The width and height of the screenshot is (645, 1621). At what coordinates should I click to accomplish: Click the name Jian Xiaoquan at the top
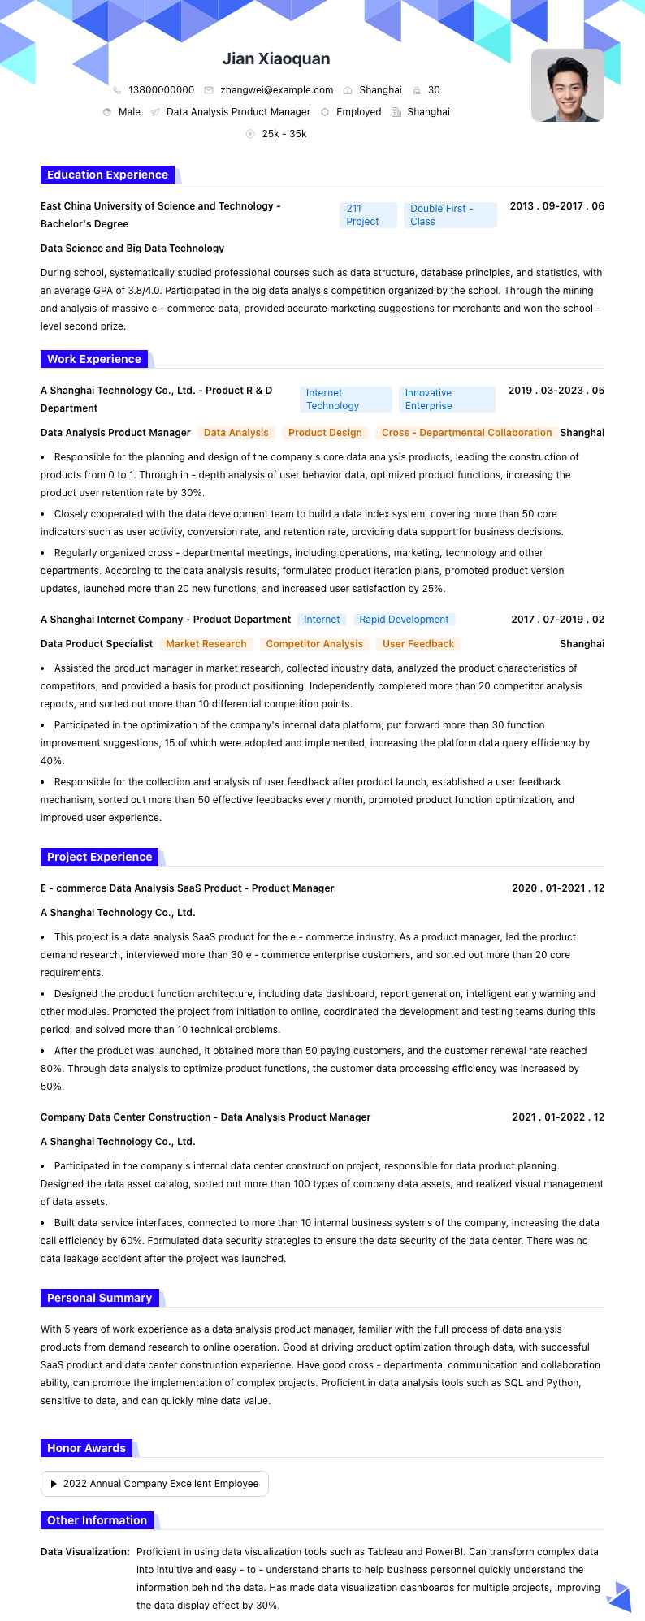276,59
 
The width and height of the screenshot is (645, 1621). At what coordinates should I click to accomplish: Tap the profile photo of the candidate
567,85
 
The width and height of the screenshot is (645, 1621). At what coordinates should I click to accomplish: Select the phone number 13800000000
161,90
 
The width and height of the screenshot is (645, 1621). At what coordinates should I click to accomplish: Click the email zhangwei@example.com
276,90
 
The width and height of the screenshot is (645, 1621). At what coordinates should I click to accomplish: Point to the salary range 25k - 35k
284,134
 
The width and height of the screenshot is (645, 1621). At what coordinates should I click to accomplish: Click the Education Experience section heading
107,175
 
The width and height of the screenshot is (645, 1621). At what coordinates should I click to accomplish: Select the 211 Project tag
367,215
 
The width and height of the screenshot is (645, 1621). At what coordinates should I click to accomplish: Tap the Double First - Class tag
449,215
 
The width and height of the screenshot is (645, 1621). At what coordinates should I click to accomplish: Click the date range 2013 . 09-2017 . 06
556,206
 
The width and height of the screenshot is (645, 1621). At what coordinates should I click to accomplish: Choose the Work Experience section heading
94,359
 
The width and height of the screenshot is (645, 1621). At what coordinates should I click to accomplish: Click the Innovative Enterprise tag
446,400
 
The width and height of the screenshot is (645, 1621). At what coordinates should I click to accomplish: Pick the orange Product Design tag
325,433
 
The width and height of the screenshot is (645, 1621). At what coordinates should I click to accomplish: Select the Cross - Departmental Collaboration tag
466,433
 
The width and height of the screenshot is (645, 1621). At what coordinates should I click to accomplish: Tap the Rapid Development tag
404,620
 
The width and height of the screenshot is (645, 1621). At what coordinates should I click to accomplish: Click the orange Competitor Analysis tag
314,644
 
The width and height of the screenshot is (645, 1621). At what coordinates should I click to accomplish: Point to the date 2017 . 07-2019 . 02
557,620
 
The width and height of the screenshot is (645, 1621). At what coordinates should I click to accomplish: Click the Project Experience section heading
99,857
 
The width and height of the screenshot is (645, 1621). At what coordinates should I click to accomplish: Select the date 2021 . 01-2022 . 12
558,1117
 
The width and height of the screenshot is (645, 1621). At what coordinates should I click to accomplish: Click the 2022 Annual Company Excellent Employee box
154,1484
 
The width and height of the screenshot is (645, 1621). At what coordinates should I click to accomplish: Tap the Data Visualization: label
85,1552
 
